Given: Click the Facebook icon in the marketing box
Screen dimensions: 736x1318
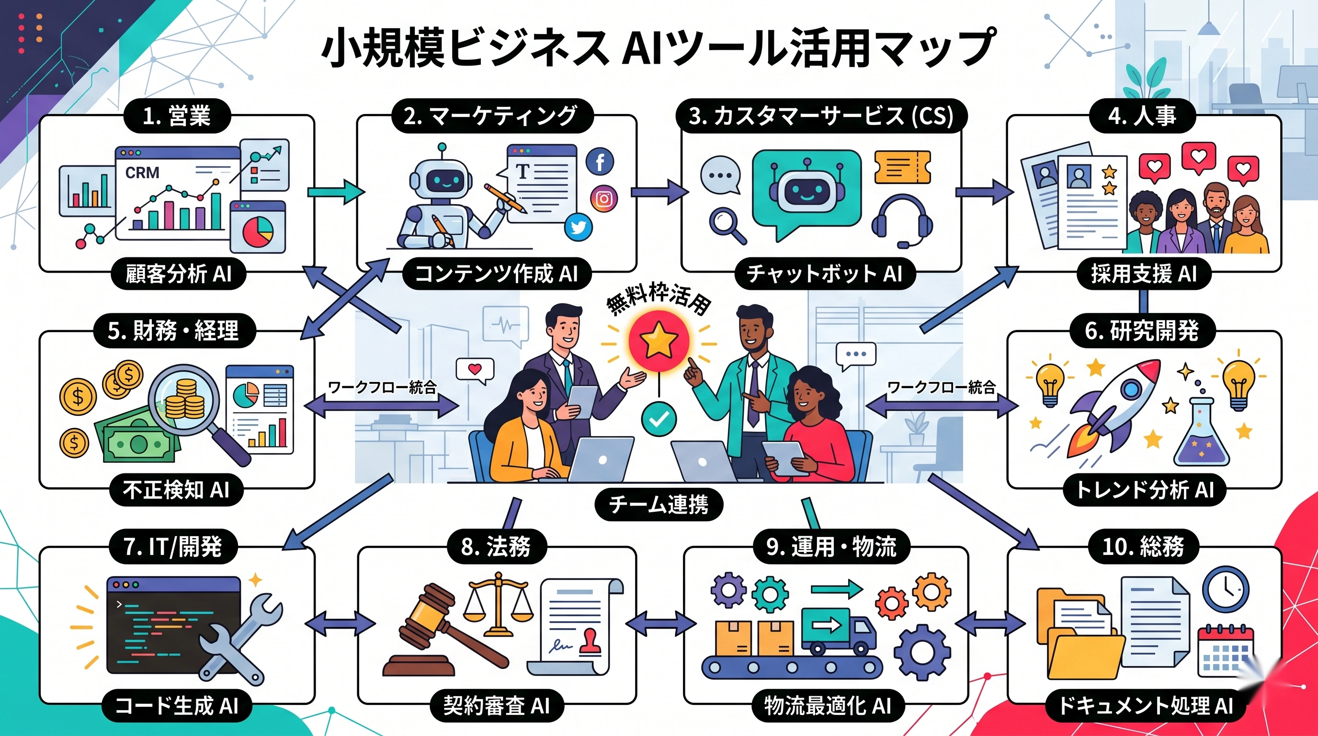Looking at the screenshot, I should click(x=600, y=162).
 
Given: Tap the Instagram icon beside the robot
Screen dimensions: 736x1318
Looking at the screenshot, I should click(x=604, y=198).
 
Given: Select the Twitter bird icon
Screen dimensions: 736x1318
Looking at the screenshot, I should click(x=579, y=227).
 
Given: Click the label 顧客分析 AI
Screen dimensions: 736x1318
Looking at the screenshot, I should click(x=179, y=274).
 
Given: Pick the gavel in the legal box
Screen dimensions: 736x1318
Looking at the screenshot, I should click(x=440, y=630).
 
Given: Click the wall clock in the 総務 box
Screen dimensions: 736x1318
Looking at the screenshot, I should click(x=1225, y=589).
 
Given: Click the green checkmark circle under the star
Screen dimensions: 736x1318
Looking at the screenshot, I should click(x=659, y=419).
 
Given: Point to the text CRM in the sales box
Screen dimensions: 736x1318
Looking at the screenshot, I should click(x=142, y=173).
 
